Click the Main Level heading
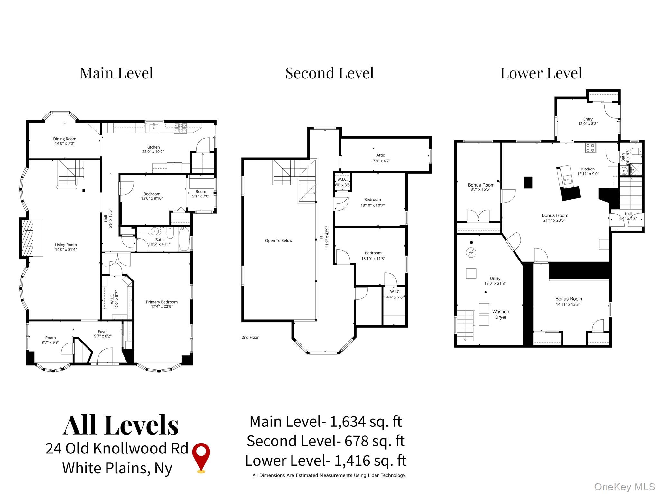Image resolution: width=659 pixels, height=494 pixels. (x=116, y=73)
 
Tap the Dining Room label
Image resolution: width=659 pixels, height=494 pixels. (x=65, y=139)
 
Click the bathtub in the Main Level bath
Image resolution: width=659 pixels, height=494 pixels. (x=184, y=239)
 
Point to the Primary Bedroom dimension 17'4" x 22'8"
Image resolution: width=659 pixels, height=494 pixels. (x=162, y=306)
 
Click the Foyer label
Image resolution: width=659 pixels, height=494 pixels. (x=103, y=332)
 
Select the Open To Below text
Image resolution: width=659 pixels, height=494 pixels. (x=279, y=241)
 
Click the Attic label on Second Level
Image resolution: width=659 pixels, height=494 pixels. (x=380, y=155)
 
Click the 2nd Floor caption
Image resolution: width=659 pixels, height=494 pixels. (x=250, y=337)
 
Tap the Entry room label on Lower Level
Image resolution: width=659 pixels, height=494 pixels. (x=588, y=119)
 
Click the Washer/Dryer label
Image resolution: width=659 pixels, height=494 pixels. (x=501, y=314)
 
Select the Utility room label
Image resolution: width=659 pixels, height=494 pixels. (x=495, y=279)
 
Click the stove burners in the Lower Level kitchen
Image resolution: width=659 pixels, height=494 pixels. (x=590, y=148)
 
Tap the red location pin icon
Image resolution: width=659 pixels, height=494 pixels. (x=201, y=457)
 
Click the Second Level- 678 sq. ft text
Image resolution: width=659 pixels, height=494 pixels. (x=325, y=441)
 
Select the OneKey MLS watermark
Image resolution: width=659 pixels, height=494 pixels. (x=624, y=487)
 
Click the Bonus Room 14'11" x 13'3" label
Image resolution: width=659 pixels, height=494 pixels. (x=569, y=301)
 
